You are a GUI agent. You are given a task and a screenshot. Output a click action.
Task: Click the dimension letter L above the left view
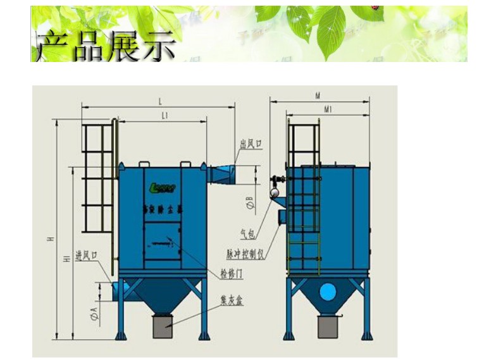[x=160, y=101]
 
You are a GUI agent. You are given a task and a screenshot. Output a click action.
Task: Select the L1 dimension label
[x=164, y=115]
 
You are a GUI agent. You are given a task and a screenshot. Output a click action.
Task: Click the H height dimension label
[x=49, y=239]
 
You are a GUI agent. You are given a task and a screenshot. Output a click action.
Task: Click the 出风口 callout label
[x=251, y=145]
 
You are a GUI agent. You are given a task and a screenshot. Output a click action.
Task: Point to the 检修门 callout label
[x=232, y=273]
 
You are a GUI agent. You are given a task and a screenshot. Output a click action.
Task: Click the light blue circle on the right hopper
[x=327, y=292]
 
